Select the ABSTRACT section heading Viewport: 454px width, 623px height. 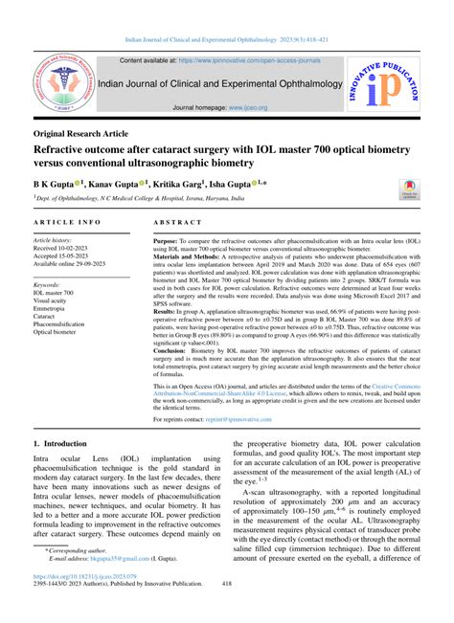176,220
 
